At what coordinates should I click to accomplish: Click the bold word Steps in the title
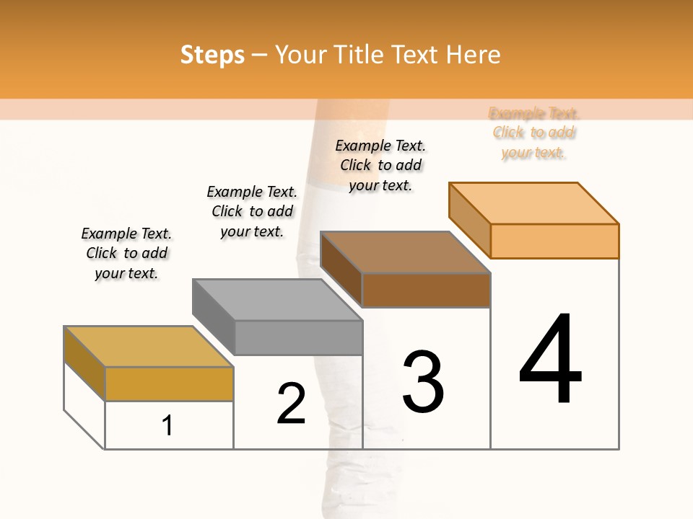click(x=212, y=55)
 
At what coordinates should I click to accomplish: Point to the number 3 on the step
click(x=423, y=382)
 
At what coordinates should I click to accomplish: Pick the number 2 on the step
click(x=291, y=404)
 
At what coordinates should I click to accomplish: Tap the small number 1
click(x=167, y=426)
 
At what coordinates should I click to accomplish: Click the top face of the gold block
click(x=148, y=346)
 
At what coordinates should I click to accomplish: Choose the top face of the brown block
click(x=405, y=252)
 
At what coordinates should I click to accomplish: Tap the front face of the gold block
click(x=169, y=383)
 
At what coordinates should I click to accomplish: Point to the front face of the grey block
click(x=298, y=337)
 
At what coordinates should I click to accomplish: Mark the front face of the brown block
click(x=426, y=290)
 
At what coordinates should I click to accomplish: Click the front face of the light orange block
click(x=554, y=241)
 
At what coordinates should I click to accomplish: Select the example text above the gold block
click(x=126, y=253)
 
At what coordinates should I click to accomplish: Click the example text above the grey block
click(x=252, y=211)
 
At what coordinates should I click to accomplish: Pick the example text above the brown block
click(x=380, y=165)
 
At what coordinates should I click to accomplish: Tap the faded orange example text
click(x=533, y=133)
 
